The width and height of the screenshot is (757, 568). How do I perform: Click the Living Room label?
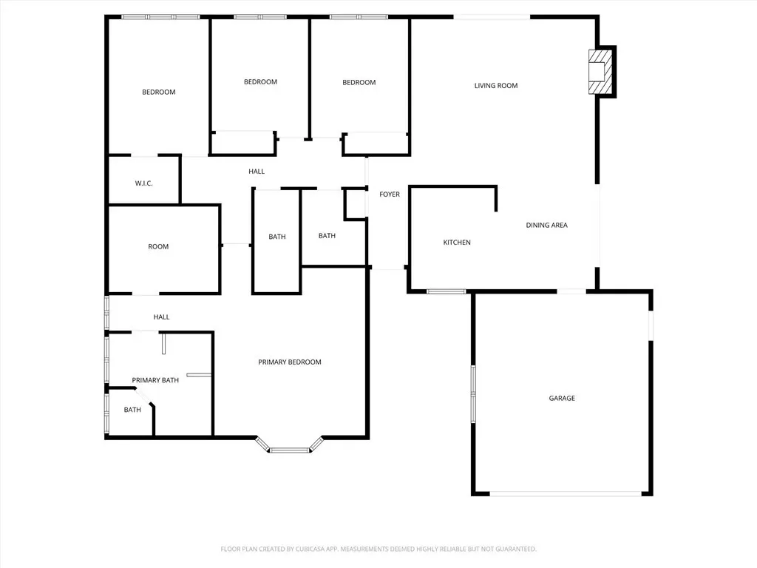pyautogui.click(x=496, y=86)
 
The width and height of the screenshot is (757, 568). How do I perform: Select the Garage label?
pyautogui.click(x=562, y=398)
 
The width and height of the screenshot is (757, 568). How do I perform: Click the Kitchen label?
pyautogui.click(x=457, y=243)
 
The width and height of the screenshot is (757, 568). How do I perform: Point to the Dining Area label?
pyautogui.click(x=546, y=225)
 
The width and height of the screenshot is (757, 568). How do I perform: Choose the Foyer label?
pyautogui.click(x=390, y=195)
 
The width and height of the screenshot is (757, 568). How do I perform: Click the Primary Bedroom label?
pyautogui.click(x=290, y=362)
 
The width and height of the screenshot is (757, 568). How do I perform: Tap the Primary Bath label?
pyautogui.click(x=155, y=380)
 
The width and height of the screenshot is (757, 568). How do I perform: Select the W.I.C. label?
pyautogui.click(x=144, y=183)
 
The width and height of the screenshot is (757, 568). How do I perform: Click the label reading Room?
pyautogui.click(x=158, y=247)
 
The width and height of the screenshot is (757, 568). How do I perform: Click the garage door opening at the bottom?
pyautogui.click(x=566, y=493)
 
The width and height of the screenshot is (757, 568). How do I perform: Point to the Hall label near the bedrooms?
pyautogui.click(x=257, y=172)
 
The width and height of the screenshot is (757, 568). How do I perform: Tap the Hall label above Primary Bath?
pyautogui.click(x=161, y=317)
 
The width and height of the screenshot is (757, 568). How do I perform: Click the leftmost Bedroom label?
pyautogui.click(x=158, y=92)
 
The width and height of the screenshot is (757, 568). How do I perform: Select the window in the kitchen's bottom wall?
pyautogui.click(x=447, y=291)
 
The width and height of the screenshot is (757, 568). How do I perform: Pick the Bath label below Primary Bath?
pyautogui.click(x=132, y=410)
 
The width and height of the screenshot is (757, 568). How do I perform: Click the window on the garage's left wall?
pyautogui.click(x=474, y=394)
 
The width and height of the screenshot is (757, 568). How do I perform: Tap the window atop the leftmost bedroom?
pyautogui.click(x=160, y=17)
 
